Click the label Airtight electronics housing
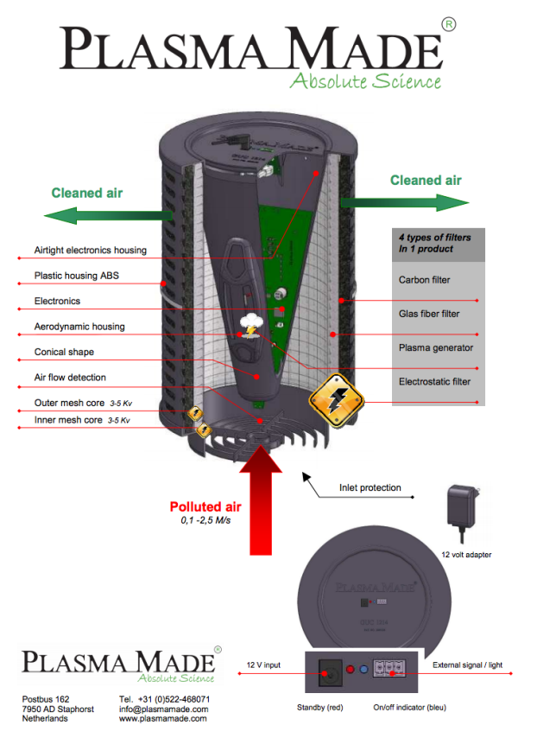[90, 251]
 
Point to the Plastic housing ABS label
[78, 276]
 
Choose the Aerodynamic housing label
[79, 327]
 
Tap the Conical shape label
[64, 352]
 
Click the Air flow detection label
[70, 378]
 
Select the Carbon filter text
[424, 280]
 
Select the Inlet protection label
[370, 488]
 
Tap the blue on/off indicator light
[364, 670]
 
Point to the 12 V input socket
[329, 670]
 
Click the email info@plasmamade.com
[163, 709]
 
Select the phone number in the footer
[174, 698]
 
